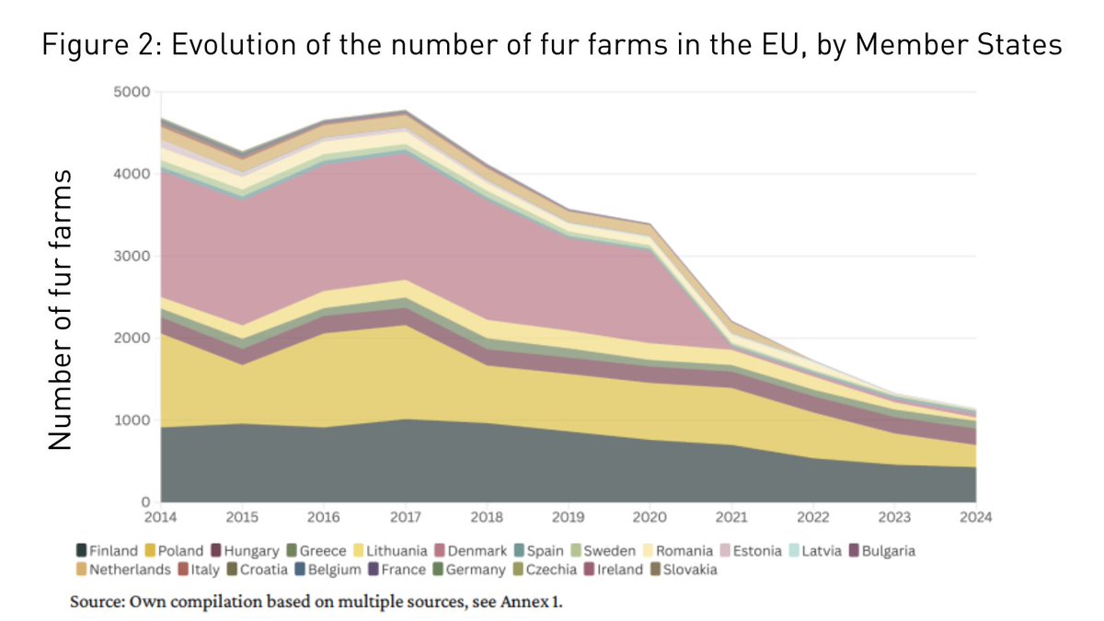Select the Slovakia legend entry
point(683,569)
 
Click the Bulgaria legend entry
point(884,551)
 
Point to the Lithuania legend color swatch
point(361,551)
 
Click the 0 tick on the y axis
point(145,502)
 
